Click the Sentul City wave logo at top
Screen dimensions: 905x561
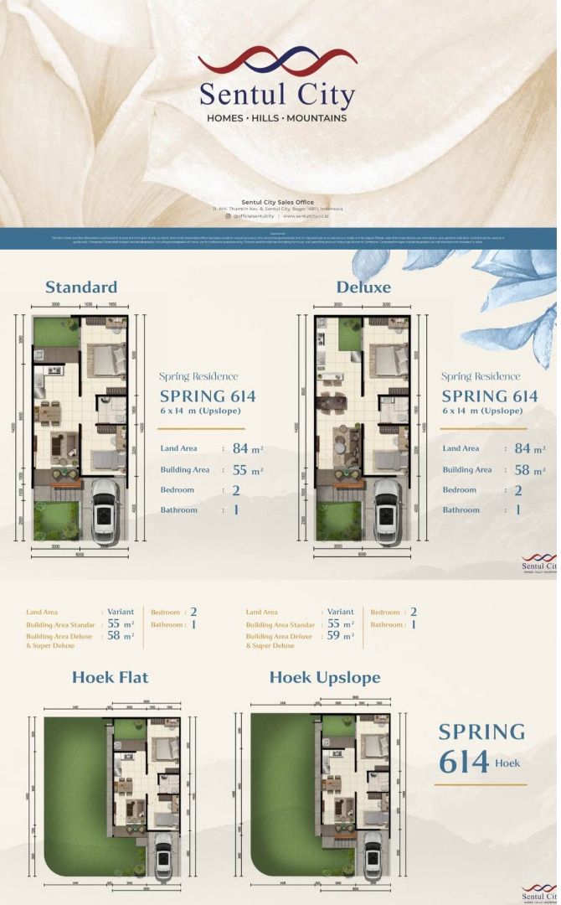(277, 62)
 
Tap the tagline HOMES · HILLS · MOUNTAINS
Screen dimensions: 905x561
(276, 118)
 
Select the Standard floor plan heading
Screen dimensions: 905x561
(81, 287)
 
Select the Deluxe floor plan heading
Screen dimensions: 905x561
(363, 287)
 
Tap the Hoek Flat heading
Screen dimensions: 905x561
(110, 677)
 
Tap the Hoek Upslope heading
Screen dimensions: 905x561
(325, 677)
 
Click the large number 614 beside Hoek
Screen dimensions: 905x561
(464, 762)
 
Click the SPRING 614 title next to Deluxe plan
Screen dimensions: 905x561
(490, 396)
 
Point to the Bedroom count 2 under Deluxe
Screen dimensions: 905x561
(518, 490)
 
